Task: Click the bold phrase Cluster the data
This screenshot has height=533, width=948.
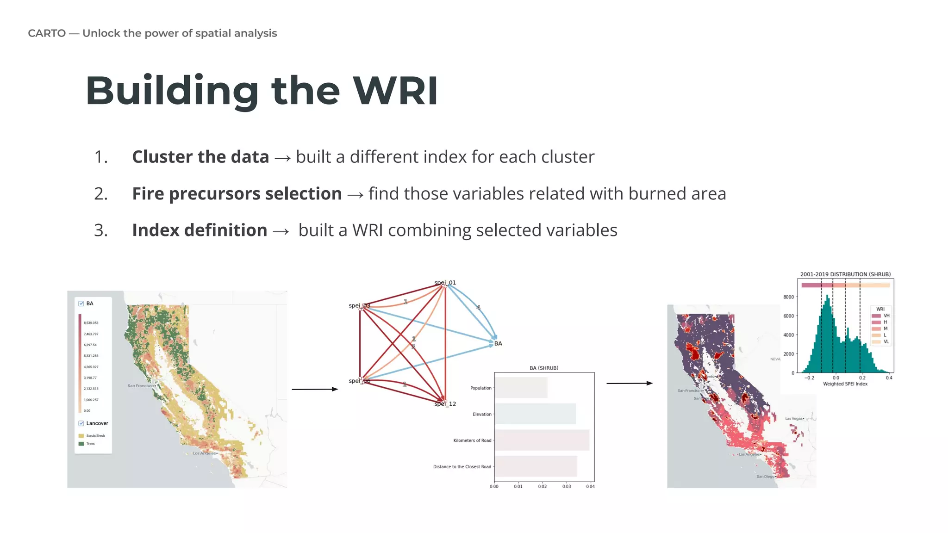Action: coord(200,157)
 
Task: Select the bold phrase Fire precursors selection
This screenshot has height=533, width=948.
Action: coord(237,193)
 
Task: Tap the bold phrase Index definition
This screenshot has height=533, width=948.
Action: coord(200,230)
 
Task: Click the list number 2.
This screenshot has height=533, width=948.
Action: coord(101,193)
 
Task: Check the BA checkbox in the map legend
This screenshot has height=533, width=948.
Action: coord(81,304)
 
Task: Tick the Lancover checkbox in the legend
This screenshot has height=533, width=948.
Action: coord(81,423)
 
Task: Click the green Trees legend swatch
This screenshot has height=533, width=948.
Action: coord(81,444)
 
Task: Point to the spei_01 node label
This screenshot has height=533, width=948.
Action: coord(445,283)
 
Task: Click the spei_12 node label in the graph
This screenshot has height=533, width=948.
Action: coord(445,404)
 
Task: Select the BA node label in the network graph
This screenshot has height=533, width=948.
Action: coord(498,343)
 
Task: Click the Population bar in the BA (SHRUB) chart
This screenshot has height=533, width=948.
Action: coord(521,388)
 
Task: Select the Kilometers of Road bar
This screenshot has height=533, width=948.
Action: coord(542,440)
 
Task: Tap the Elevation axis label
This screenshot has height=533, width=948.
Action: coord(482,414)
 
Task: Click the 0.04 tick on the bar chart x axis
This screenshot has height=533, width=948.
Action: coord(590,486)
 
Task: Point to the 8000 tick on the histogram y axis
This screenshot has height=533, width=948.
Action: coord(788,297)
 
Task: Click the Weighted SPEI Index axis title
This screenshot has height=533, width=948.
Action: coord(845,384)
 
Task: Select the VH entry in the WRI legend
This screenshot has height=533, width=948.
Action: coord(886,316)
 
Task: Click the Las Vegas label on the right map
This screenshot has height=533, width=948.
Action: coord(794,419)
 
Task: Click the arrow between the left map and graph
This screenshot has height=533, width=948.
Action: coord(315,389)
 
